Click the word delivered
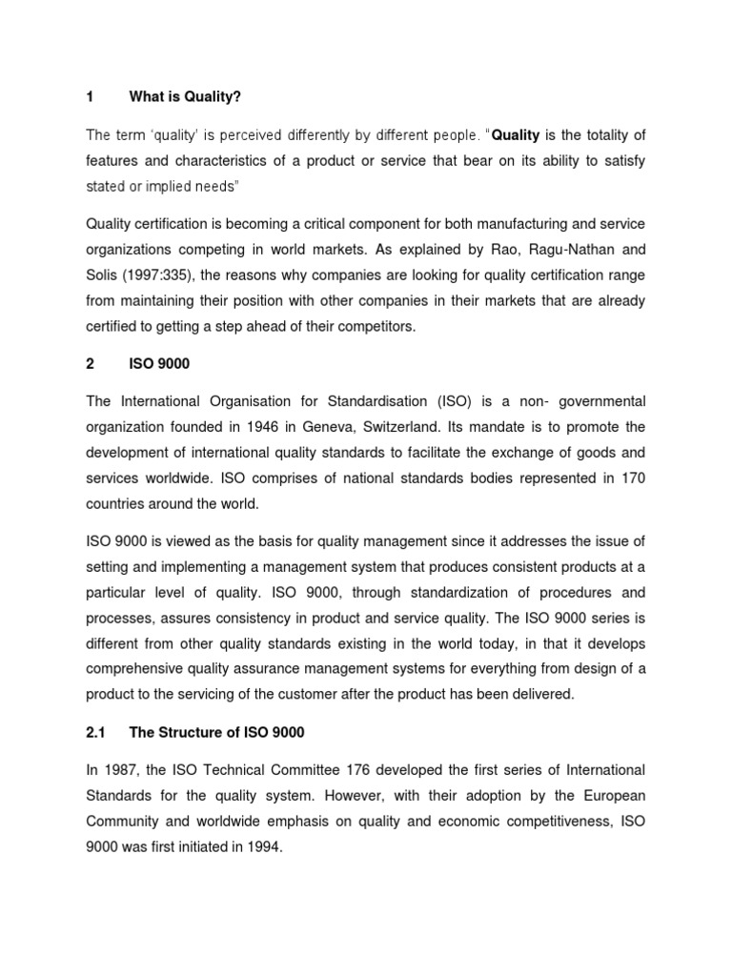[x=540, y=695]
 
